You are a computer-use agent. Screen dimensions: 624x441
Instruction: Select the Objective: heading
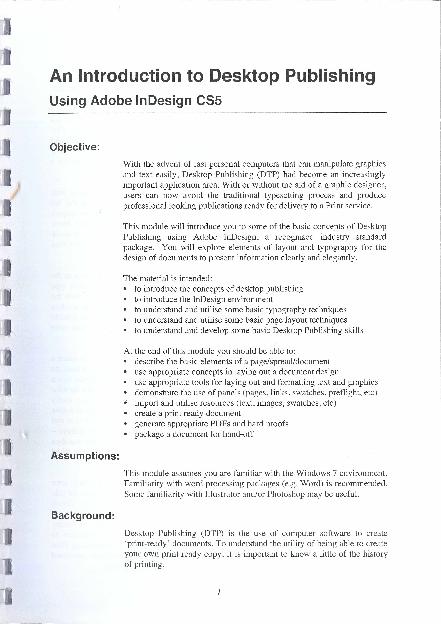tap(75, 147)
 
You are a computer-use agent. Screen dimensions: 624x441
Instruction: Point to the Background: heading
tap(83, 516)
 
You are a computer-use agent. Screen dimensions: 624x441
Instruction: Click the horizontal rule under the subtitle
tap(217, 113)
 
